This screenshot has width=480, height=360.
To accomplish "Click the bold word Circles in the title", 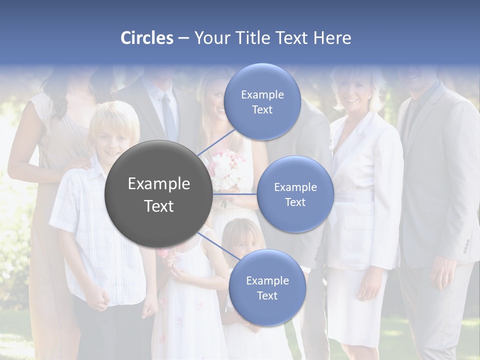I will point(147,38).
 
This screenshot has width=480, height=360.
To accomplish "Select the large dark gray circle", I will point(158,194).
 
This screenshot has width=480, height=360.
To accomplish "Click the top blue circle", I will point(262,101).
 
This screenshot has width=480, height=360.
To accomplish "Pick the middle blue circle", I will point(295,194).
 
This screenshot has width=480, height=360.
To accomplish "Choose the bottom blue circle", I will point(267,287).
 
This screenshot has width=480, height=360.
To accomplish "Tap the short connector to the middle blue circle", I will point(234,193).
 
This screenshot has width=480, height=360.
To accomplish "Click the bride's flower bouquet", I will point(227,170).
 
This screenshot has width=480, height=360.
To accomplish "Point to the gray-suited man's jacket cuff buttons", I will point(466,245).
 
